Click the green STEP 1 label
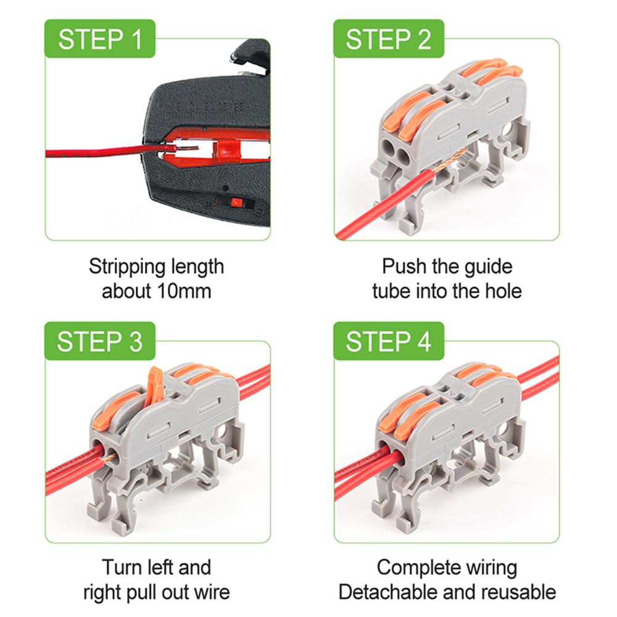click(x=99, y=38)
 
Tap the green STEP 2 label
click(x=388, y=38)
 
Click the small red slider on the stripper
click(x=236, y=202)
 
